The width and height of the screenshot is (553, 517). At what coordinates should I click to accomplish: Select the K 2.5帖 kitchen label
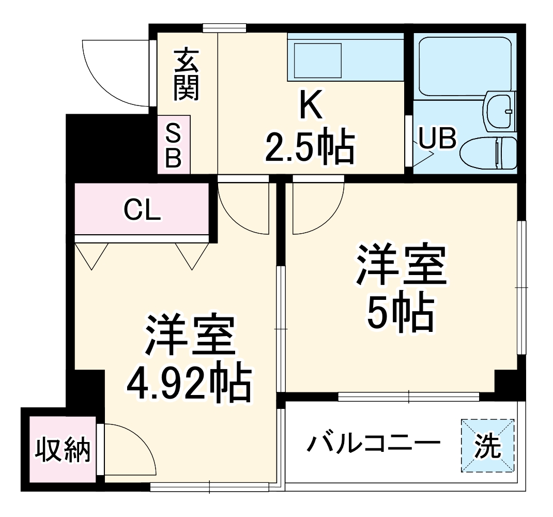(x=310, y=127)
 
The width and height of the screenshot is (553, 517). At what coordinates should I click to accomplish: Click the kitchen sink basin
(x=317, y=60)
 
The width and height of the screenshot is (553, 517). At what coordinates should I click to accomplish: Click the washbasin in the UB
(x=500, y=112)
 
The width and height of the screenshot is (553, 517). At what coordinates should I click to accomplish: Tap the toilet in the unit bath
(x=488, y=153)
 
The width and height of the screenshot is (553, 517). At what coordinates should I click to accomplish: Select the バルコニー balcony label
(x=374, y=444)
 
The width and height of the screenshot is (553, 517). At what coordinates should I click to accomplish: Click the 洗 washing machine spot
(x=488, y=445)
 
